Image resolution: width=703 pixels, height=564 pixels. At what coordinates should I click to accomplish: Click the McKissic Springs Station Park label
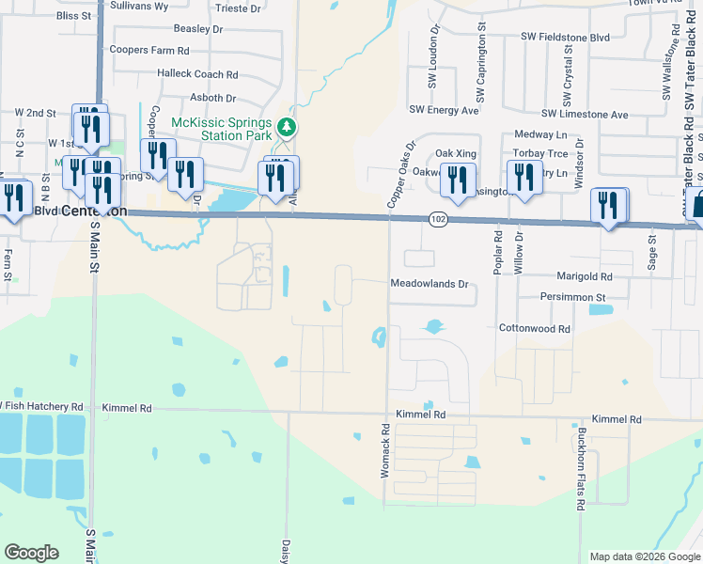coord(220,130)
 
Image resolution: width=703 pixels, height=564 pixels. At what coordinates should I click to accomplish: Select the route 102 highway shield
coord(440,219)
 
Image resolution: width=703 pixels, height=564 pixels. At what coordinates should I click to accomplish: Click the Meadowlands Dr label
coord(429,284)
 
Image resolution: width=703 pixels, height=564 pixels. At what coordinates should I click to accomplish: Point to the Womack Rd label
coord(385,449)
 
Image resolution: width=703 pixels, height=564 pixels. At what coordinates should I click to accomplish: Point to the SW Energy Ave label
coord(444,110)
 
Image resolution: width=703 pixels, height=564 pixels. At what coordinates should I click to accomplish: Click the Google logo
coord(32,552)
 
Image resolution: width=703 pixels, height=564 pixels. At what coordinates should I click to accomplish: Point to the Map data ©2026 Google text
coord(644,556)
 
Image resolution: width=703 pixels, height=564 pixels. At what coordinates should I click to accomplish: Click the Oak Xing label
coord(456,153)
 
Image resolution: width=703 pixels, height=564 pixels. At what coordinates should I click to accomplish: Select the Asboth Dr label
coord(211,98)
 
